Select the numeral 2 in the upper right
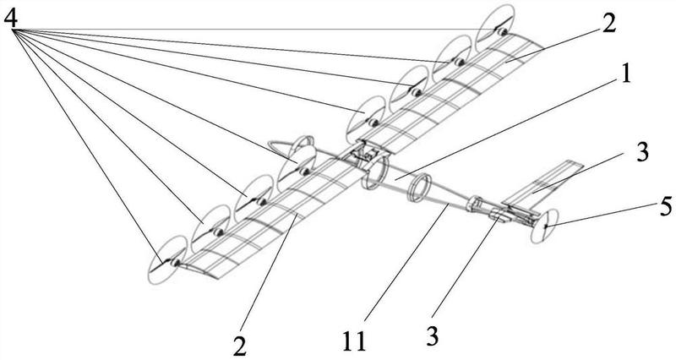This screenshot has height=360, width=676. (x=608, y=24)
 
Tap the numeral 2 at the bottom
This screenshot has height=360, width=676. (x=241, y=346)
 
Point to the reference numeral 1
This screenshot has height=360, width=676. (x=625, y=74)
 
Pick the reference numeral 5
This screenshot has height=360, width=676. (x=666, y=206)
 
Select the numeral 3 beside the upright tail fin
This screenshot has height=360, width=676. (x=642, y=152)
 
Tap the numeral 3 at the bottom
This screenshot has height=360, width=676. (x=433, y=336)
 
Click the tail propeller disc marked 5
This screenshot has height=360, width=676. (x=545, y=226)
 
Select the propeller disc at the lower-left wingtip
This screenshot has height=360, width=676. (x=167, y=260)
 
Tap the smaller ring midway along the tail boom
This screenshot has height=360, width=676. (x=419, y=188)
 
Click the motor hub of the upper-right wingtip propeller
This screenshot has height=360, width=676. (x=501, y=31)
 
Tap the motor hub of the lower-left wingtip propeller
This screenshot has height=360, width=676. (x=175, y=262)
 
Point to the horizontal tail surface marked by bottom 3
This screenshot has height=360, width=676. (x=500, y=215)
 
